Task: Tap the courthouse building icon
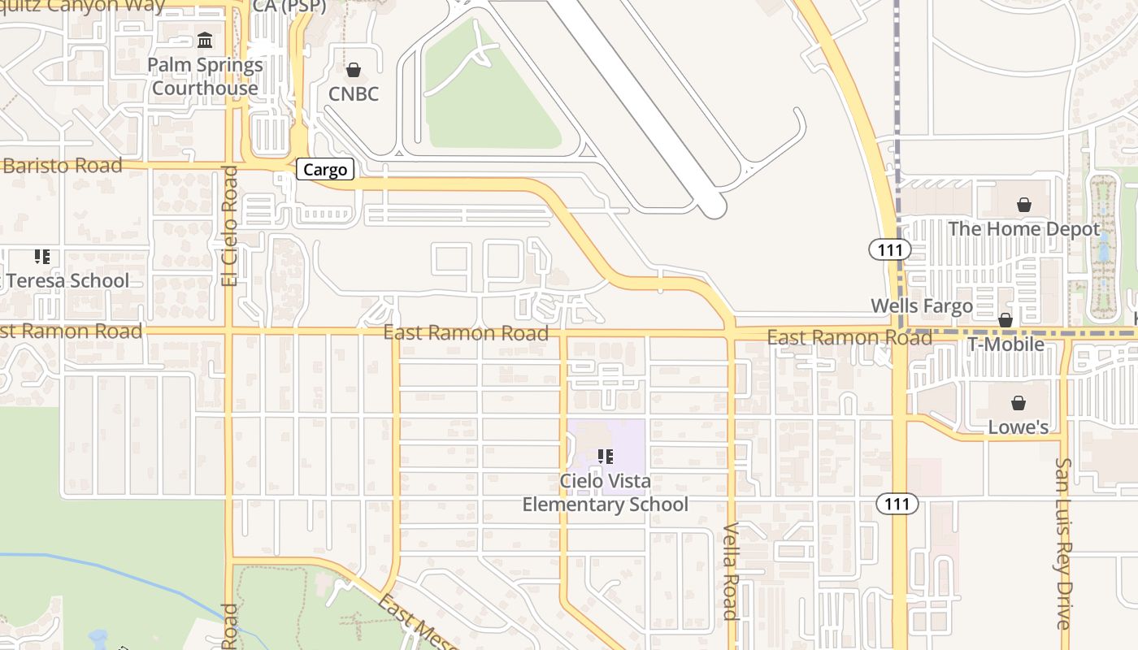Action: pos(205,40)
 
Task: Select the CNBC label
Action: pos(354,94)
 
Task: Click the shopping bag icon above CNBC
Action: pos(354,70)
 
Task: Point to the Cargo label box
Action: pos(325,169)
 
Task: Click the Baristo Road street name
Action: pos(63,166)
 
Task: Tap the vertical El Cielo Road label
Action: pos(230,226)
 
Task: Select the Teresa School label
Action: pos(67,281)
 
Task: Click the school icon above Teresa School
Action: pos(42,257)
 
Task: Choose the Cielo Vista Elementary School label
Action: pos(605,492)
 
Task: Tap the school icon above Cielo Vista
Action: pos(605,457)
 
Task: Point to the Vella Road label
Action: pos(730,572)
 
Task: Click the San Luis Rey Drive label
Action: pos(1064,543)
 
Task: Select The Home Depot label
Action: pos(1023,229)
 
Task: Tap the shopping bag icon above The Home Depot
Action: pos(1024,205)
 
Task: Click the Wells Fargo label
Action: pos(922,306)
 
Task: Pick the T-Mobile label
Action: pos(1006,344)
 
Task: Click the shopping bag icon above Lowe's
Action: pos(1018,403)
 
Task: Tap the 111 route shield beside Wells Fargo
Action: pos(890,249)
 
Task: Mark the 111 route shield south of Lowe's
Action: pos(897,504)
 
